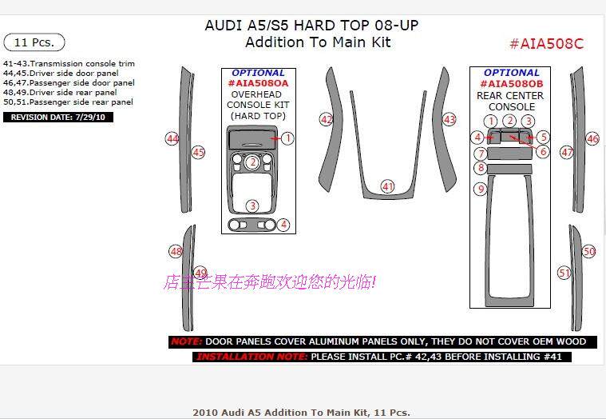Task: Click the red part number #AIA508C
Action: tap(546, 44)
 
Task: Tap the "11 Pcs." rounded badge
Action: tap(34, 42)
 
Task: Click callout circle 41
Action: tap(388, 186)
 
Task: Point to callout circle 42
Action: tap(326, 119)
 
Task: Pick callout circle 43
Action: tap(450, 119)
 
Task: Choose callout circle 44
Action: tap(172, 138)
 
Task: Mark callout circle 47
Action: tap(567, 152)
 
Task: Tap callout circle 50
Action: tap(589, 251)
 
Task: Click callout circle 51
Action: tap(564, 273)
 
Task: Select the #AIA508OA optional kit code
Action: tap(258, 83)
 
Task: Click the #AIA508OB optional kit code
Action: tap(512, 83)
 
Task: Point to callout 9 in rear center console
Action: tap(480, 190)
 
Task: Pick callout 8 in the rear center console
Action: tap(480, 168)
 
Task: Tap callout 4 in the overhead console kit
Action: tap(283, 225)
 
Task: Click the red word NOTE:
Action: tap(187, 341)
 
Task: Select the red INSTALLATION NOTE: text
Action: tap(251, 357)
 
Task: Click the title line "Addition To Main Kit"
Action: tap(317, 42)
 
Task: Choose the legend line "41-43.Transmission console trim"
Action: tap(69, 63)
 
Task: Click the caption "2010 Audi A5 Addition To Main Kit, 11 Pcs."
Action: tap(301, 413)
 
